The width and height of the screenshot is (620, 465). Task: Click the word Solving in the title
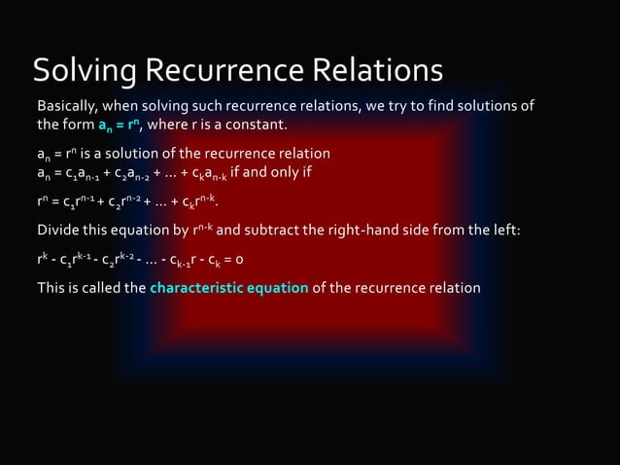point(86,71)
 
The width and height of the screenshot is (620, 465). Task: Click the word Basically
point(68,105)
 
